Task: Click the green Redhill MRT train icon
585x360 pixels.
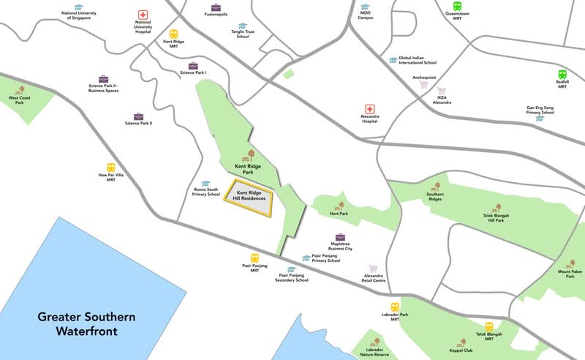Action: pyautogui.click(x=562, y=74)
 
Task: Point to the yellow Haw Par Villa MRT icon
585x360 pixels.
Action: pyautogui.click(x=111, y=168)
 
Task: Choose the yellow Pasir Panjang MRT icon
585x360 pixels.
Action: pyautogui.click(x=254, y=258)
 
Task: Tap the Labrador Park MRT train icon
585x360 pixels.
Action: pyautogui.click(x=394, y=308)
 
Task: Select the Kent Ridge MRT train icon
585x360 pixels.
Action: pyautogui.click(x=174, y=34)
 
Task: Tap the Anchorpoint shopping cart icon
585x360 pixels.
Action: pyautogui.click(x=423, y=84)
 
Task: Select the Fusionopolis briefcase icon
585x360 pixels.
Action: pyautogui.click(x=216, y=7)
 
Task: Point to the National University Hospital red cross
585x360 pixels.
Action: pyautogui.click(x=143, y=15)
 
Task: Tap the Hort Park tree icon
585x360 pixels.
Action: pyautogui.click(x=339, y=206)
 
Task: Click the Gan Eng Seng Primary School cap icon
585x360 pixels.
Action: pyautogui.click(x=540, y=118)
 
